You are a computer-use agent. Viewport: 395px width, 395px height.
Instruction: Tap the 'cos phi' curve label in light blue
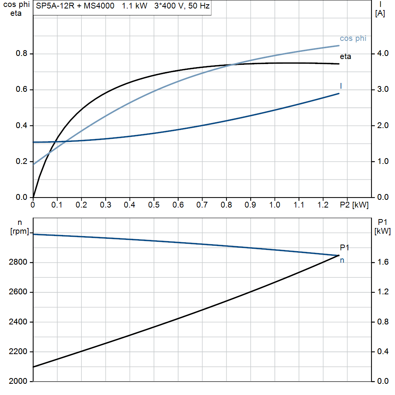point(353,39)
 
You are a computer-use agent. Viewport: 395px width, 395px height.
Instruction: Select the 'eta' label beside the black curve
point(345,57)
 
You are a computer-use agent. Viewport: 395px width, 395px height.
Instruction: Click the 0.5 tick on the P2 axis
point(154,205)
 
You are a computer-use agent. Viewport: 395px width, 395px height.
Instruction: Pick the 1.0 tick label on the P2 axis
point(275,205)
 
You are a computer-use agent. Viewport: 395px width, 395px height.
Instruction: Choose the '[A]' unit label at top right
point(380,13)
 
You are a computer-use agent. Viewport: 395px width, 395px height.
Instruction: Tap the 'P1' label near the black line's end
point(344,248)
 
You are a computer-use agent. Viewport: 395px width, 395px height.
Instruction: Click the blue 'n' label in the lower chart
point(342,260)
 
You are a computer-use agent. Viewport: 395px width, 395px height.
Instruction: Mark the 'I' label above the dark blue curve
point(341,86)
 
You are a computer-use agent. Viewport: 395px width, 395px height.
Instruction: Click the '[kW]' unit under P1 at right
point(382,231)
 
